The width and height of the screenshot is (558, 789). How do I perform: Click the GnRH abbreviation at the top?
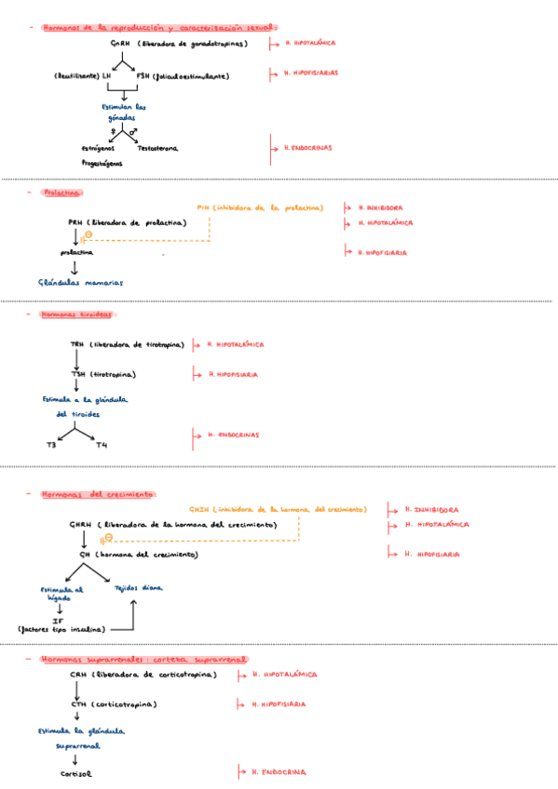point(120,44)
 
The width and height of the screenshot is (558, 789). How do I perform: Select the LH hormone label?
point(107,76)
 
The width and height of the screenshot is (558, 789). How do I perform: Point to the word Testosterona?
point(157,148)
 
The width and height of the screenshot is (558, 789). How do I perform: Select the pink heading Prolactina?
point(62,193)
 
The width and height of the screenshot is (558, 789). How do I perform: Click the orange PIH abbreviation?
point(203,207)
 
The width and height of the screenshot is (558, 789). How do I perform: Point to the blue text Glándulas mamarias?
point(81,282)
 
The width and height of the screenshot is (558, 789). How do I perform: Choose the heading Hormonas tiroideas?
point(75,314)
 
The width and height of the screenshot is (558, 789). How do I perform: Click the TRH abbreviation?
point(76,344)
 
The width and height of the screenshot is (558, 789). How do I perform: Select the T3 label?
point(51,446)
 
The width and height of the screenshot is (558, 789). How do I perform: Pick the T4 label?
point(102,446)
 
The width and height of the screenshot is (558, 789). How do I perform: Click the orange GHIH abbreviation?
point(198,510)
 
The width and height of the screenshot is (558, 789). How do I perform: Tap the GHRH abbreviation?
point(80,525)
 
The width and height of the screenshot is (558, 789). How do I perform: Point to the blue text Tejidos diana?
point(138,588)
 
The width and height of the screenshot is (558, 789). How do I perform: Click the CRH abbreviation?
point(77,674)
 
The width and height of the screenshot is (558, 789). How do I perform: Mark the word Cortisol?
point(76,773)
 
